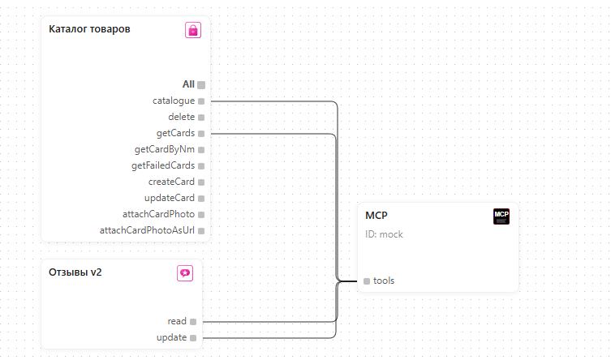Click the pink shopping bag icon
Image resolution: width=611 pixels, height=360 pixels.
(x=193, y=30)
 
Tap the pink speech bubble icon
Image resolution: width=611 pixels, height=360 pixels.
(x=185, y=273)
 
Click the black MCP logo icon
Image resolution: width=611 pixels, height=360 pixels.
(x=501, y=216)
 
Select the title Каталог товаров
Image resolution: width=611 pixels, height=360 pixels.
(x=89, y=29)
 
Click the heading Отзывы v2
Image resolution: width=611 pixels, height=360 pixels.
(x=75, y=272)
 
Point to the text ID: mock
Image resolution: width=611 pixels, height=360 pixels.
(x=384, y=234)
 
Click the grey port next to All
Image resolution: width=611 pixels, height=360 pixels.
(x=201, y=85)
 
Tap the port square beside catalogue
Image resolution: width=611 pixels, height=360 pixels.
(x=201, y=101)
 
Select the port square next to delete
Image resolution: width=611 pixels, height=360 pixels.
(x=201, y=117)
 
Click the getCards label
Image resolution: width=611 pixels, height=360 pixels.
(x=175, y=133)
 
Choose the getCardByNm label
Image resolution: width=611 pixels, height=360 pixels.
(x=165, y=149)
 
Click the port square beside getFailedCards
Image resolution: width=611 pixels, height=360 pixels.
(x=201, y=165)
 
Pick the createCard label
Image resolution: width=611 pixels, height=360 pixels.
(x=171, y=182)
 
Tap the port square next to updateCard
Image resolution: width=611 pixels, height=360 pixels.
(x=201, y=199)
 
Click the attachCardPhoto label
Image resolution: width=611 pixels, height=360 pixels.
(x=158, y=214)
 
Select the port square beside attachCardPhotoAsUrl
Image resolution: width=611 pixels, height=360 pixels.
(x=201, y=231)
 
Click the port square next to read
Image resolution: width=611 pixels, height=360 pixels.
(x=193, y=321)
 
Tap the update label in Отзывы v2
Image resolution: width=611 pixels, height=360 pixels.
(x=171, y=337)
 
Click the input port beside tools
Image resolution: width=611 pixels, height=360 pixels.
(x=367, y=281)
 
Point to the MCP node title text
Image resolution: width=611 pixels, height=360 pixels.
(x=376, y=216)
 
